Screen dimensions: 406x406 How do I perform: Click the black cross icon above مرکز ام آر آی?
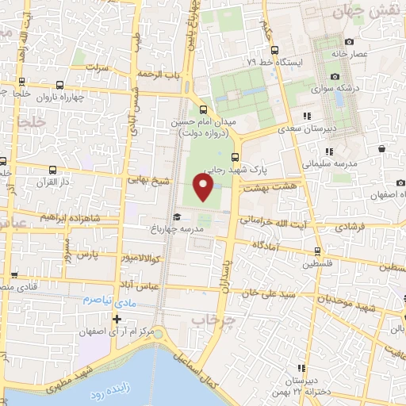point(117,319)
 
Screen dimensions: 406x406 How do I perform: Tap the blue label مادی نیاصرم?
point(109,301)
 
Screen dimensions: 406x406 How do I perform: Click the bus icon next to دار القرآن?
point(52,170)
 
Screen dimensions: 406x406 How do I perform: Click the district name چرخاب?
point(212,320)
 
